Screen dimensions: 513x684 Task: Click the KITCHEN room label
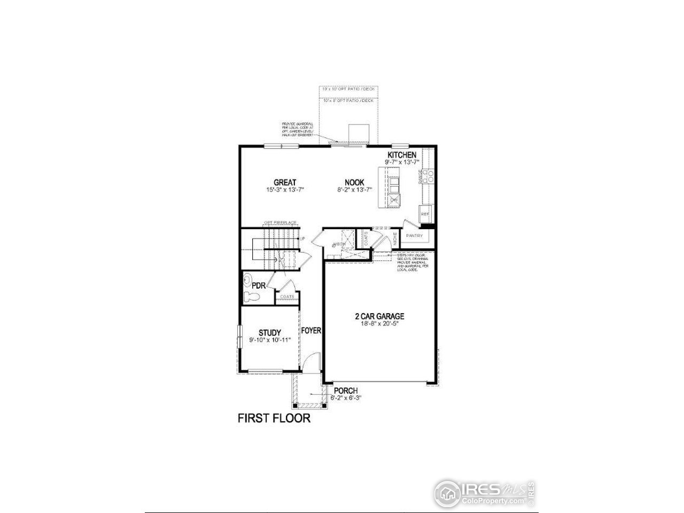(x=402, y=154)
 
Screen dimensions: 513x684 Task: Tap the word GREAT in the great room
(x=285, y=183)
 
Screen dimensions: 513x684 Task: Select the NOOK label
(x=354, y=183)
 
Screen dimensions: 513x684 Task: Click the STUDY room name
(x=270, y=333)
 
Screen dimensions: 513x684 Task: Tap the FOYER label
(x=311, y=331)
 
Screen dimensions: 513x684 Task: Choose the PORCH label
(x=345, y=391)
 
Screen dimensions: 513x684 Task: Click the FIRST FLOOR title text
(x=274, y=418)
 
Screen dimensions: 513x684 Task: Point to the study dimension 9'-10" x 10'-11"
(x=270, y=340)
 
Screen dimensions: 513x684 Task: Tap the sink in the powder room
(x=247, y=278)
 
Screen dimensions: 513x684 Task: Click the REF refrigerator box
(x=425, y=213)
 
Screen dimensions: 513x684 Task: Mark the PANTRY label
(x=415, y=236)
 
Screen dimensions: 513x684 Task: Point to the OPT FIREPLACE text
(x=280, y=223)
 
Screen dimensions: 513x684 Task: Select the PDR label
(x=259, y=285)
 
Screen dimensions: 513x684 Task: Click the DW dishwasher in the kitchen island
(x=394, y=199)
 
